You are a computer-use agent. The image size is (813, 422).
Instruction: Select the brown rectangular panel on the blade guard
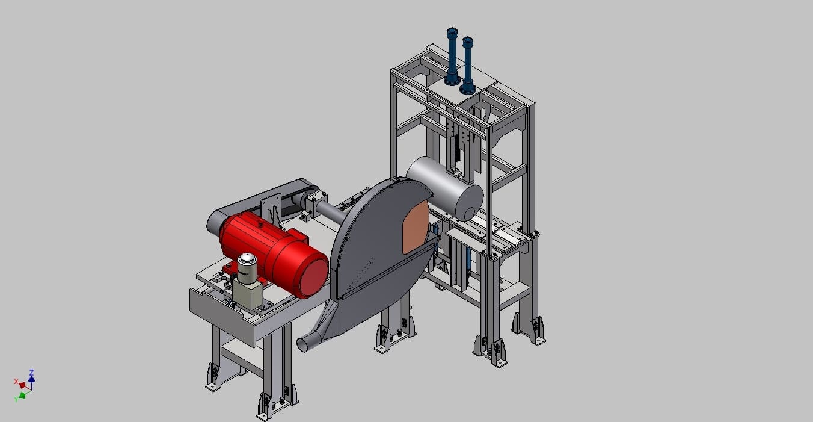pos(416,227)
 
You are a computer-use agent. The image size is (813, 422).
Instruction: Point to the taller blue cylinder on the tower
pos(452,57)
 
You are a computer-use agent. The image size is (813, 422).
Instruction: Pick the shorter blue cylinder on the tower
pos(468,64)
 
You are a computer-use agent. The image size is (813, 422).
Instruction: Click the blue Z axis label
pos(32,373)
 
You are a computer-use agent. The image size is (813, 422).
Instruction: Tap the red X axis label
pos(16,381)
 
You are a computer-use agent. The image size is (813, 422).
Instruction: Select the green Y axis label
pos(16,400)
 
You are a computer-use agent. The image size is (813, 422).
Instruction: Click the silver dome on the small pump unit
pos(247,259)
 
